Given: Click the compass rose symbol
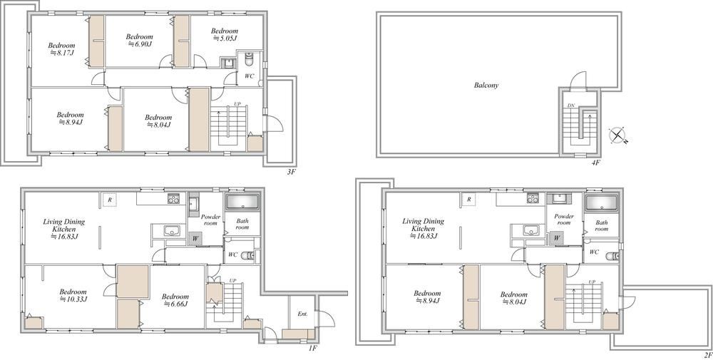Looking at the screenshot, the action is pyautogui.click(x=617, y=135).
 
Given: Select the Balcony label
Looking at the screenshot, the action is pyautogui.click(x=486, y=85).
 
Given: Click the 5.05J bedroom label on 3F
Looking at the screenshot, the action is pyautogui.click(x=224, y=34).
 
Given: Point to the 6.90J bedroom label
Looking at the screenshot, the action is pyautogui.click(x=139, y=40).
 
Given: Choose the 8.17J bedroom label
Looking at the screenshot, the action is pyautogui.click(x=61, y=48).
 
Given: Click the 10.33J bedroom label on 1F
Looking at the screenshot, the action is pyautogui.click(x=73, y=295).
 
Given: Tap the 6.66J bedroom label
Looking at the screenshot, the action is pyautogui.click(x=175, y=299).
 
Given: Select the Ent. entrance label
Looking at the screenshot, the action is pyautogui.click(x=303, y=314).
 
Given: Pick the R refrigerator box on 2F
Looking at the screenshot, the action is pyautogui.click(x=468, y=200).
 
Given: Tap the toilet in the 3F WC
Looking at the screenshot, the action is pyautogui.click(x=249, y=60).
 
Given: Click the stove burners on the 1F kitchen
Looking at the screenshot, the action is pyautogui.click(x=173, y=198).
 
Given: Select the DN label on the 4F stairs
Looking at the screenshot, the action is pyautogui.click(x=571, y=106).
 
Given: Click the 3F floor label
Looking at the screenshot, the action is pyautogui.click(x=291, y=173).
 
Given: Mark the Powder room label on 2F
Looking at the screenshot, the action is pyautogui.click(x=563, y=220).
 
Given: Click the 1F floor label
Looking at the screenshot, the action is pyautogui.click(x=312, y=348).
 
